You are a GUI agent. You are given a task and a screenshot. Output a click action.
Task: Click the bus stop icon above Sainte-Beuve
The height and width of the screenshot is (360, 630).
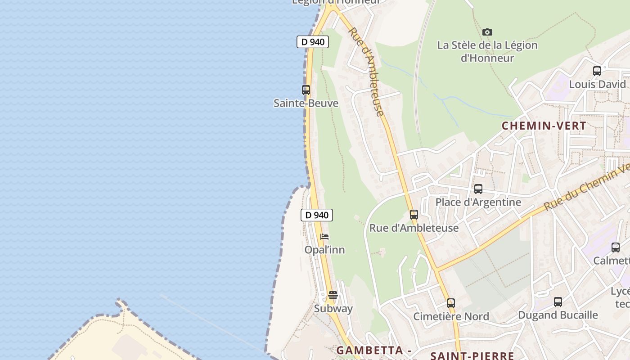pos(306,90)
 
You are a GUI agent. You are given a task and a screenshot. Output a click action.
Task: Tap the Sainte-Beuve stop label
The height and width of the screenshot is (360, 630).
pos(306,103)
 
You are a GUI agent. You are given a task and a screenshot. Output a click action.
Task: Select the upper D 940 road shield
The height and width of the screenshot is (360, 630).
pos(313,42)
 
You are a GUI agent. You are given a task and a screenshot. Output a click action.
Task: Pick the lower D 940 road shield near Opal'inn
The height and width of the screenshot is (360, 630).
pos(317,215)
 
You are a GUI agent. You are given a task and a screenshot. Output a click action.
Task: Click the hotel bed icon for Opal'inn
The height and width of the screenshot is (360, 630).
pos(324,237)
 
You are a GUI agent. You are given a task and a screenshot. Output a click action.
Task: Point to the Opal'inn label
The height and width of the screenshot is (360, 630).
pos(324,250)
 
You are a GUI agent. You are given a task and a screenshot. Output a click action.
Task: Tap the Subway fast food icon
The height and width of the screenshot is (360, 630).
pos(333,295)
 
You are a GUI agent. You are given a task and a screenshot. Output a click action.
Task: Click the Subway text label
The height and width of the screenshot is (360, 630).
pos(333,309)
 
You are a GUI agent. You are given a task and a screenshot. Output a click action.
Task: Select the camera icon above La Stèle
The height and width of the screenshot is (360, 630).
pos(487,32)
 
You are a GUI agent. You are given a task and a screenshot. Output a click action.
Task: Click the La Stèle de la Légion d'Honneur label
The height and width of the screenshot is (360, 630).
pos(487,51)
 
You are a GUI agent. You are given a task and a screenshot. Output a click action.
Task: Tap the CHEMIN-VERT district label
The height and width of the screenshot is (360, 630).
pos(544,126)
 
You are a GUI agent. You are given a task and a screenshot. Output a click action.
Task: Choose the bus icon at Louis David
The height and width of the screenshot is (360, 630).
pos(597,71)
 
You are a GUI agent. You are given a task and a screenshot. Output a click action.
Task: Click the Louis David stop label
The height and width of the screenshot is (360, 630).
pos(597,84)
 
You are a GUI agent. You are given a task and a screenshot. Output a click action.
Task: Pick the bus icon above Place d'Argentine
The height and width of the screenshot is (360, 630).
pos(478,189)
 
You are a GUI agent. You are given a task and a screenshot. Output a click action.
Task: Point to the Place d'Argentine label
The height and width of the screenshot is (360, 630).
pos(478,202)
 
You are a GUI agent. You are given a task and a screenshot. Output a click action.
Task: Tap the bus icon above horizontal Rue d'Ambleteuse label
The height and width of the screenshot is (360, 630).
pos(414,215)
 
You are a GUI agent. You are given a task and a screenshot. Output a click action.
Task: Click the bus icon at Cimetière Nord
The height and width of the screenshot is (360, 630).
pos(451,303)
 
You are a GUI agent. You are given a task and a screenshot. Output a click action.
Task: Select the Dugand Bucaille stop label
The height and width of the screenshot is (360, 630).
pos(558,315)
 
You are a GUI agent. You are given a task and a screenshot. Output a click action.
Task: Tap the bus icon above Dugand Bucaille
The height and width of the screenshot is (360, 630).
pos(558,302)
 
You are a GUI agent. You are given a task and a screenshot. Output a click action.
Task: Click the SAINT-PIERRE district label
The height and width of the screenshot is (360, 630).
pos(472,355)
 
